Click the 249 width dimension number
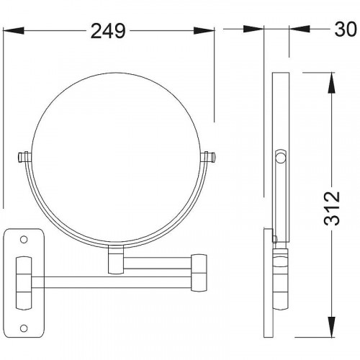[108, 31]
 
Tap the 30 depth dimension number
[346, 30]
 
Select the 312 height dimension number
[332, 208]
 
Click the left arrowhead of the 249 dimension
[14, 31]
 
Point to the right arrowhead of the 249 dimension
[204, 31]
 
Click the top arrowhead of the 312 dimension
[331, 82]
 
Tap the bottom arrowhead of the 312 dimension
[331, 327]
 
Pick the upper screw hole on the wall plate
[24, 240]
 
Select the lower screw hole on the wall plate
[24, 328]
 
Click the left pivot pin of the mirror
[24, 157]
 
